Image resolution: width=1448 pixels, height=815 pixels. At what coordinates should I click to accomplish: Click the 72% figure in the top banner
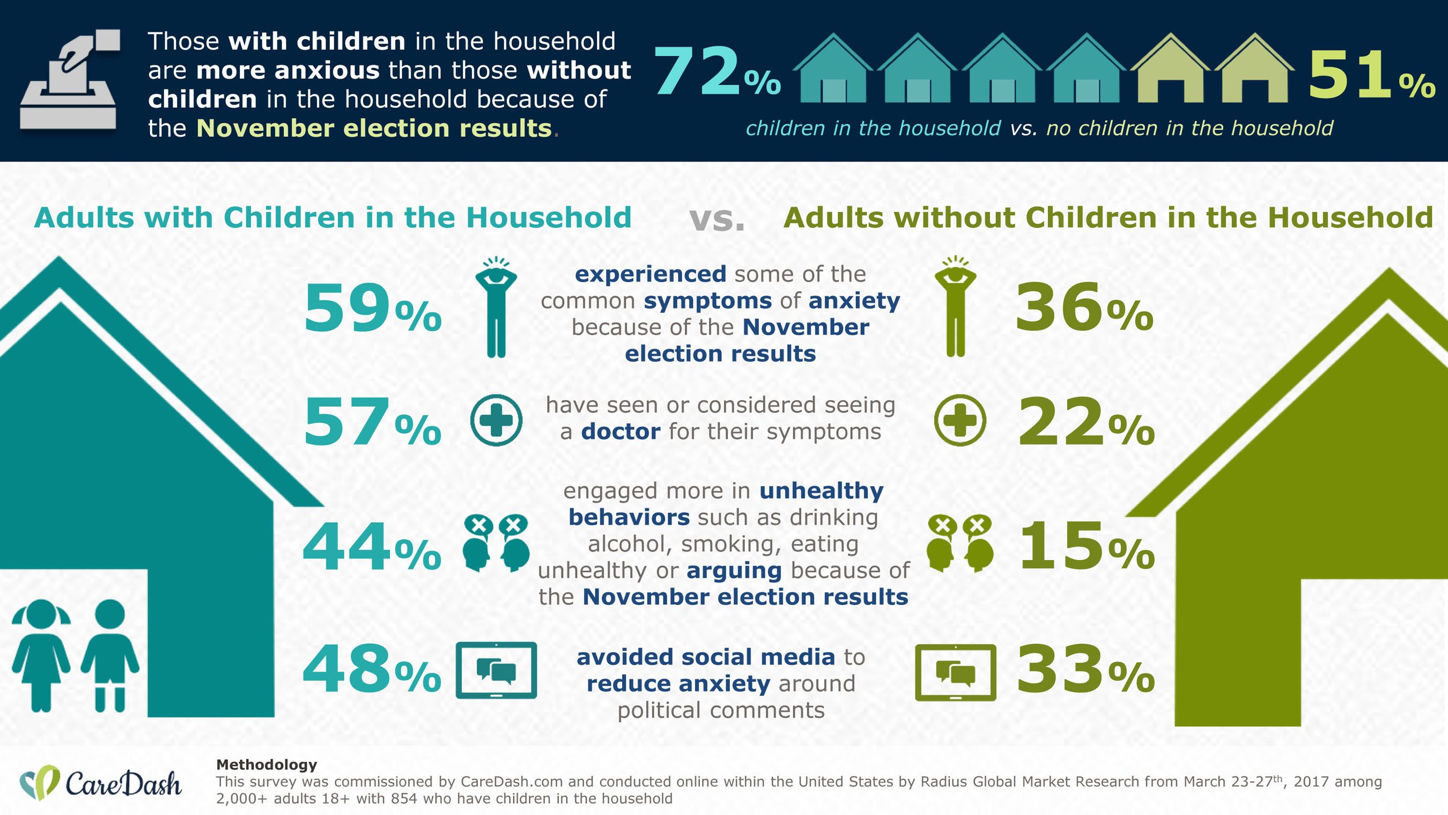coord(717,72)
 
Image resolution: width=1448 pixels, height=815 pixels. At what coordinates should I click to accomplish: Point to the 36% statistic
coord(1084,308)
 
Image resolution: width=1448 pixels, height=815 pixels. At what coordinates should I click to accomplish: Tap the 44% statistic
coord(371,547)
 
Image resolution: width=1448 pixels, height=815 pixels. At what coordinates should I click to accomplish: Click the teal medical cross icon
coord(496,420)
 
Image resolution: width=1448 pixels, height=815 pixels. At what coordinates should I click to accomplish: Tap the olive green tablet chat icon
coord(955,673)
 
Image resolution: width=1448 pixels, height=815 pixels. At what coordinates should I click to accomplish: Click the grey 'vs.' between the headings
coord(716,219)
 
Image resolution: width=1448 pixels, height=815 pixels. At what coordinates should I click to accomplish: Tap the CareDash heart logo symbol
coord(39,782)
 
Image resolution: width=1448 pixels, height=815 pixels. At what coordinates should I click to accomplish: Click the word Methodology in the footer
coord(267,765)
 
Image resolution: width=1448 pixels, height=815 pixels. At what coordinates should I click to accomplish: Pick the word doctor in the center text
coord(620,431)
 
